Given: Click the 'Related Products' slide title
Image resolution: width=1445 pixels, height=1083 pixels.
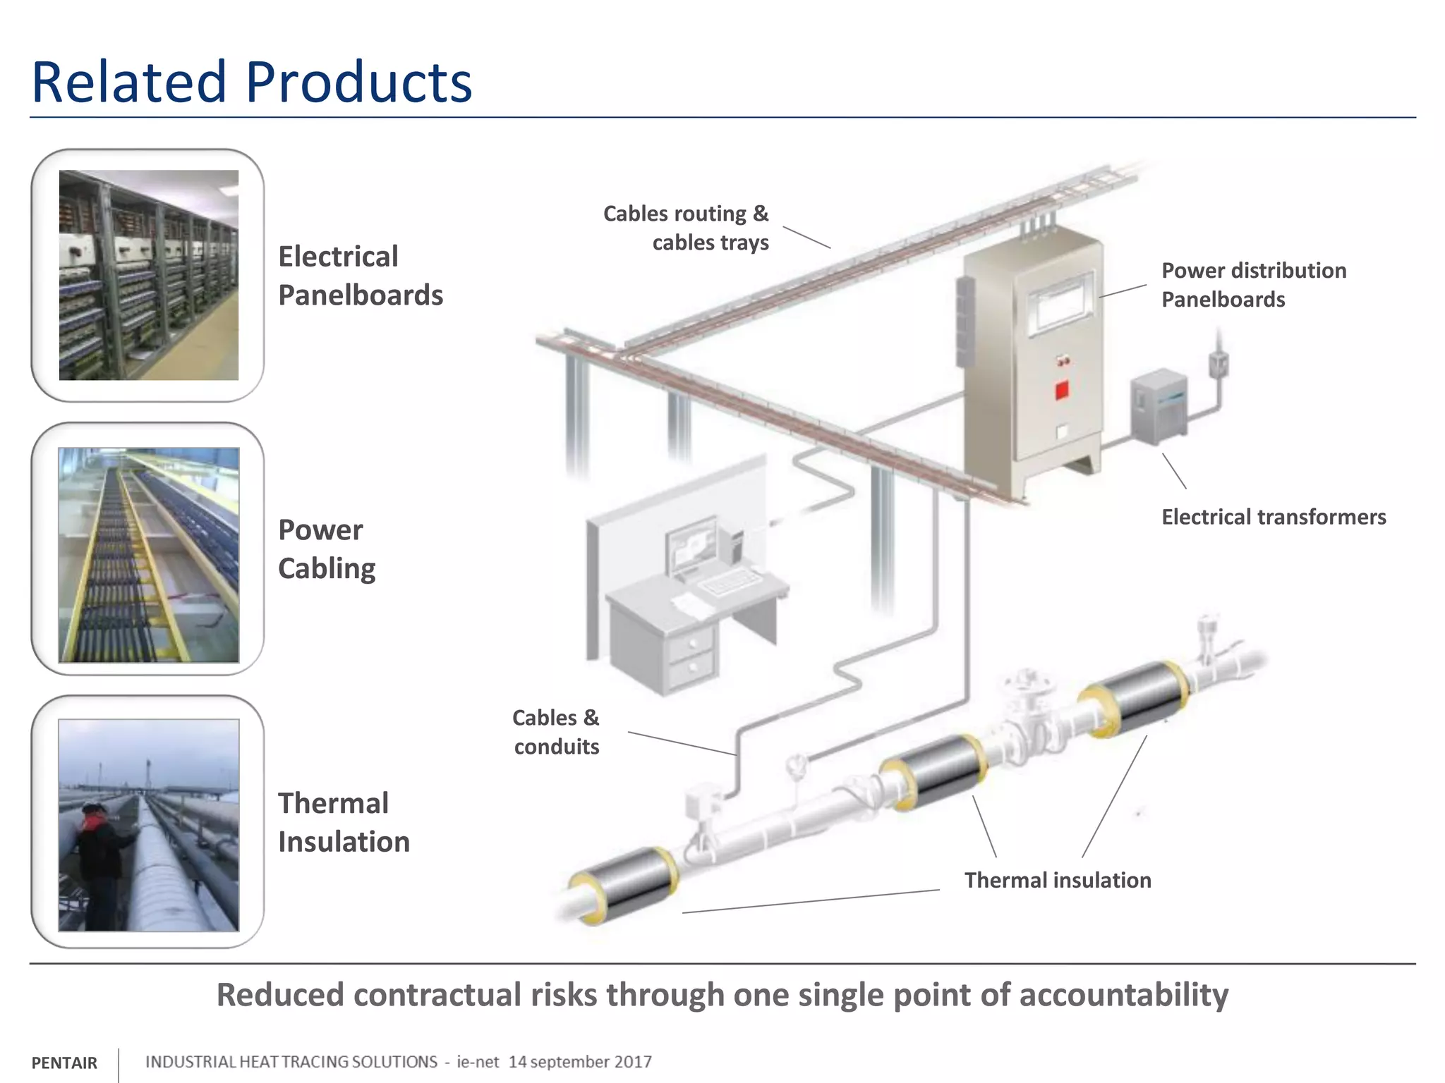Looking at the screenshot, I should click(x=251, y=82).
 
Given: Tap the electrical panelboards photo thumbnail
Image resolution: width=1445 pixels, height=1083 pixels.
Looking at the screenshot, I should click(x=148, y=275).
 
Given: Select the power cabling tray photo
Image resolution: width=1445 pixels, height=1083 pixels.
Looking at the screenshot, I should click(x=148, y=555).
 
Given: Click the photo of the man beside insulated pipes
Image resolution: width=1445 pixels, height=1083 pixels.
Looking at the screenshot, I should click(x=148, y=825).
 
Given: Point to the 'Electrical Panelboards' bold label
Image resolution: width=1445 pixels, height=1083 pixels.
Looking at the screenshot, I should click(x=360, y=276).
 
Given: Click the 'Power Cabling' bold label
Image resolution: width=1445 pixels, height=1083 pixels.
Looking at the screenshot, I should click(x=326, y=549).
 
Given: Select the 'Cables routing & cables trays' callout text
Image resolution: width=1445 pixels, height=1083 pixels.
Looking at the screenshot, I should click(x=686, y=228).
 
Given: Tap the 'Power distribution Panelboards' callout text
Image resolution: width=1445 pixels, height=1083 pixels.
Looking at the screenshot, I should click(x=1253, y=285).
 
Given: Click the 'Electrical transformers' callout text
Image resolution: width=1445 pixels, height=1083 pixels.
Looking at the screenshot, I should click(x=1273, y=517).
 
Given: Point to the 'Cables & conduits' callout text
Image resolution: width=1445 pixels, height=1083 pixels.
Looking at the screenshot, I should click(x=556, y=732).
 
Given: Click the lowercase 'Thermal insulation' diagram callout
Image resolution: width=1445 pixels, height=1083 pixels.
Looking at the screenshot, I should click(x=1057, y=880).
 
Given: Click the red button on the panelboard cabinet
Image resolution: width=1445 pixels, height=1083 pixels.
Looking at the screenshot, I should click(x=1061, y=390).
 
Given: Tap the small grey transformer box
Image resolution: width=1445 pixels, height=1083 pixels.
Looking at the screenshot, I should click(x=1158, y=407).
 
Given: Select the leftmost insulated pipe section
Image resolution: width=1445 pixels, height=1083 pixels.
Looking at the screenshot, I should click(x=624, y=883).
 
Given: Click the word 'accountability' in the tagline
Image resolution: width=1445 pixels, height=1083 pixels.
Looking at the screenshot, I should click(x=1123, y=995).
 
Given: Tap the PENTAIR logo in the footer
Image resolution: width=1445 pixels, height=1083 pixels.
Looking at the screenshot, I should click(x=64, y=1063).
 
